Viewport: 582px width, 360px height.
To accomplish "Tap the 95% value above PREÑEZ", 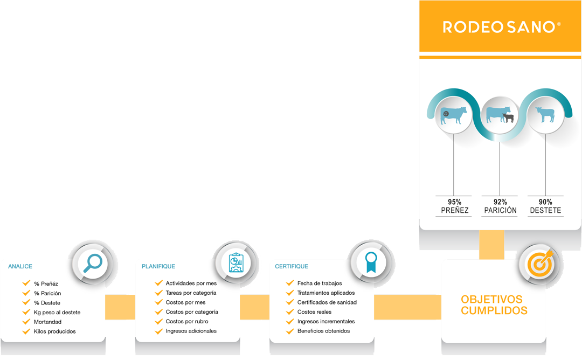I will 454,202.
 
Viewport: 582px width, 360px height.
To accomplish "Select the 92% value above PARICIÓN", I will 500,202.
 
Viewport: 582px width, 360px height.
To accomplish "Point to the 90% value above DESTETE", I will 545,202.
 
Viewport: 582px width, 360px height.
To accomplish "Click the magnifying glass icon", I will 93,263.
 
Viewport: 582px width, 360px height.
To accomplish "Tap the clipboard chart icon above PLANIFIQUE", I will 236,262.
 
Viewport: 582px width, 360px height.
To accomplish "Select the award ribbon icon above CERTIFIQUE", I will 370,262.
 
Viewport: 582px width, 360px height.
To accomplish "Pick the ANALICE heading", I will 20,266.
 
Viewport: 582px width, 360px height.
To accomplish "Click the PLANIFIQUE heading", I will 158,266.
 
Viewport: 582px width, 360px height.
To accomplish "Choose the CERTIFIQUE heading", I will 292,266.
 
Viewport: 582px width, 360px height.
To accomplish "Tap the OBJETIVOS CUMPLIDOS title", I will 494,305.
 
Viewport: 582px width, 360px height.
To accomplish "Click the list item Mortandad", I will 47,322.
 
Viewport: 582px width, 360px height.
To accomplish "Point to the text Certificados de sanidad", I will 327,302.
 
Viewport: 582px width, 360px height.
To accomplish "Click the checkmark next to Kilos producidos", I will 26,331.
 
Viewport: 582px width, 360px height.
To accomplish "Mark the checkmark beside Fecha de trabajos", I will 290,283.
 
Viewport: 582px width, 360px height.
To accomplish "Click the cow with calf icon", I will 500,115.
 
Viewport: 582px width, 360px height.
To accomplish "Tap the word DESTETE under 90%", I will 545,211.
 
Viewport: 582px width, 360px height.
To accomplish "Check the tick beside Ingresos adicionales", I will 158,331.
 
